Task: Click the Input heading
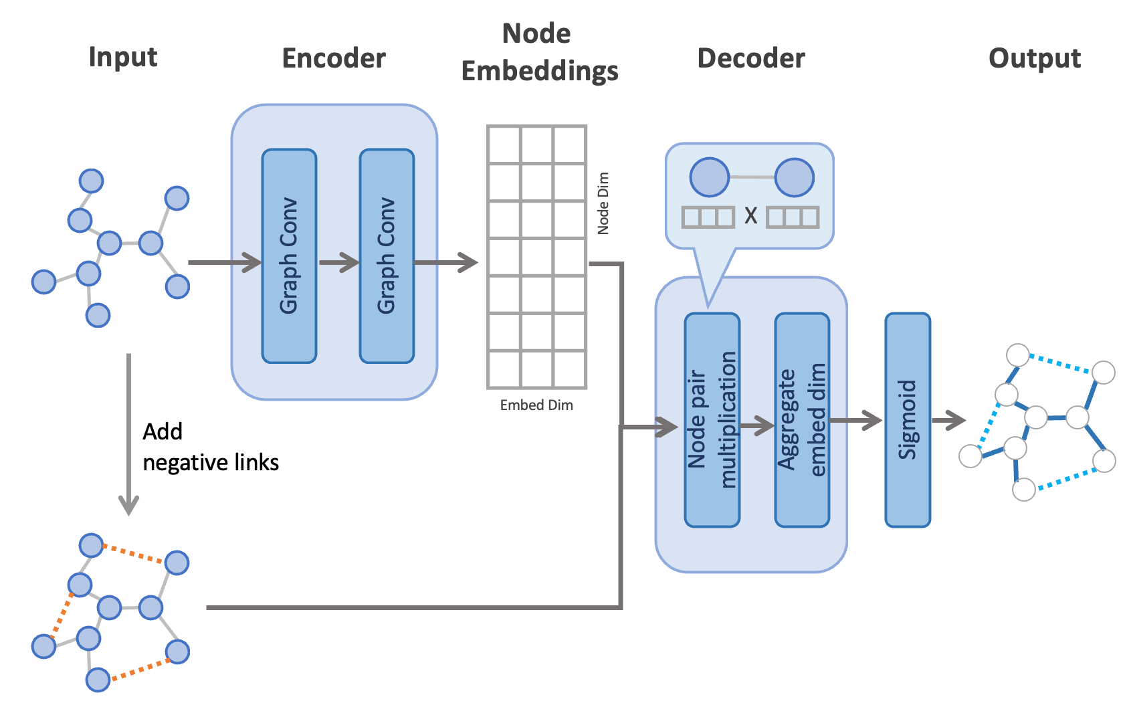pos(123,58)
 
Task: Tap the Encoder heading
pos(334,58)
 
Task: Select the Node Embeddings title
pos(539,52)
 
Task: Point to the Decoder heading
pos(750,58)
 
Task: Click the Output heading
pos(1034,58)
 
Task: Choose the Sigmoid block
pos(908,419)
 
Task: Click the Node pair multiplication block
pos(712,419)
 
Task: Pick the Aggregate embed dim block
pos(802,419)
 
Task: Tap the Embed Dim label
pos(536,405)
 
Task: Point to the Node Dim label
pos(603,203)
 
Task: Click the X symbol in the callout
pos(750,216)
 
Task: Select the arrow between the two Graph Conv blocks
pos(338,262)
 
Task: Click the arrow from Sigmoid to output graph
pos(948,421)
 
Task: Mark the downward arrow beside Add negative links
pos(128,435)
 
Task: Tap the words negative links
pos(211,463)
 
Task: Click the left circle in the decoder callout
pos(709,177)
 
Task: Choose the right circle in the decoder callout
pos(794,177)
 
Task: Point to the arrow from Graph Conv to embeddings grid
pos(446,262)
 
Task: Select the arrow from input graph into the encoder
pos(225,262)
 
